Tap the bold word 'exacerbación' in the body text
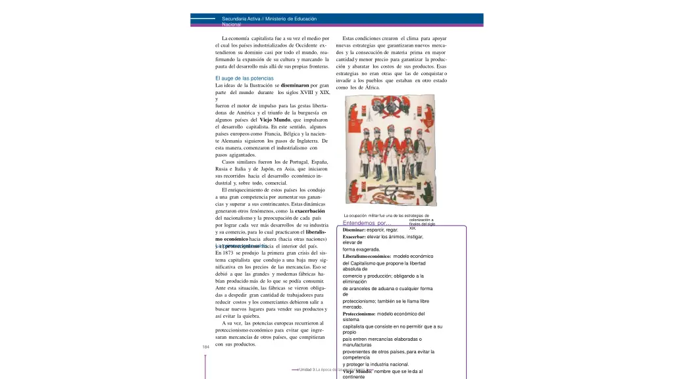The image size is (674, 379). [309, 211]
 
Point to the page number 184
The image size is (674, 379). [206, 347]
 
